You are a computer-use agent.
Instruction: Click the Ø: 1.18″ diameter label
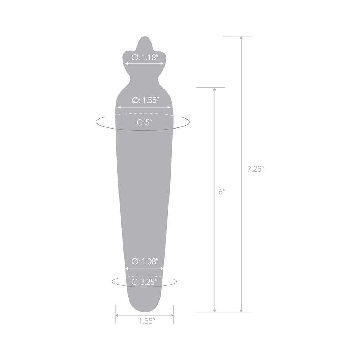(144, 57)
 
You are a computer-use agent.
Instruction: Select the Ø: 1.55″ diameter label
(144, 100)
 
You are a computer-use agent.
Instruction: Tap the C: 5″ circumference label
(144, 122)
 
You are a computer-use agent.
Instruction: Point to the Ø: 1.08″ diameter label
(144, 262)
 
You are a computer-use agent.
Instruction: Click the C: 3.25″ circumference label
(144, 282)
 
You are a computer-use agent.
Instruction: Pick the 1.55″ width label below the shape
(144, 320)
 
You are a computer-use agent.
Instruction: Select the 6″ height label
(222, 192)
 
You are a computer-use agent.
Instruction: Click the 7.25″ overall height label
(256, 169)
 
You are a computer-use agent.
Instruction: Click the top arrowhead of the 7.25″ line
(241, 38)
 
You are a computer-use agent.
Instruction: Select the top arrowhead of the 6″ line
(215, 90)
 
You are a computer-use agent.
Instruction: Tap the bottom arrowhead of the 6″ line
(215, 310)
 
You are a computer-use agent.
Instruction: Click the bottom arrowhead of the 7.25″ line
(241, 310)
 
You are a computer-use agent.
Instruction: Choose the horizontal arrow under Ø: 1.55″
(144, 107)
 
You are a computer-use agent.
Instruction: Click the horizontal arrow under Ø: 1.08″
(144, 269)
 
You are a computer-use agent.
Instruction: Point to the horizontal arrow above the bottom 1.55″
(144, 315)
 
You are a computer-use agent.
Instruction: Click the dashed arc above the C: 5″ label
(144, 114)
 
